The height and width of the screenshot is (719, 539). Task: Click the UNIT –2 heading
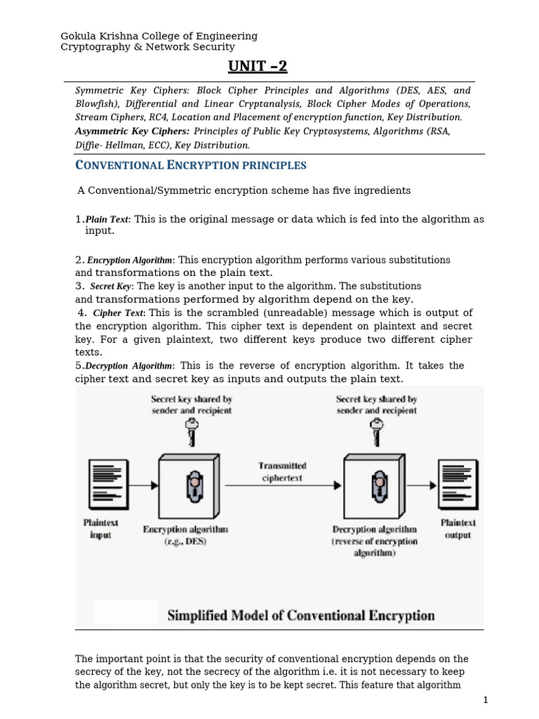(x=258, y=67)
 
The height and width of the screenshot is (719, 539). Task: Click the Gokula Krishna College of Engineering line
(x=159, y=36)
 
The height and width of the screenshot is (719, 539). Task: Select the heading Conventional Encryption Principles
(x=190, y=166)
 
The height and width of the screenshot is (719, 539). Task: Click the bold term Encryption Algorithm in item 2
(x=130, y=260)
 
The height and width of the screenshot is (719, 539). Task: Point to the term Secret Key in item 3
(x=111, y=286)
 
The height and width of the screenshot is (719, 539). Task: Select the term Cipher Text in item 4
(x=119, y=313)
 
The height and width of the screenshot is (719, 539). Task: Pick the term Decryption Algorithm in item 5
(x=128, y=366)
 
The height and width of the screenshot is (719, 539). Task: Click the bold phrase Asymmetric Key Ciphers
(x=132, y=131)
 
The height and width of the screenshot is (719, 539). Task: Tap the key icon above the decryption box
(x=376, y=431)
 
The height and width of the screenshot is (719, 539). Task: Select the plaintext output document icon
(x=458, y=485)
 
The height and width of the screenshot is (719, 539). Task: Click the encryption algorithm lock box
(x=189, y=484)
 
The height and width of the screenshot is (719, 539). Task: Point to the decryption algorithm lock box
(x=374, y=484)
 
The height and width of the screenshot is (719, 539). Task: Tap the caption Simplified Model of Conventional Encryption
(x=300, y=616)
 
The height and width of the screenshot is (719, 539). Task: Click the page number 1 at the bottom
(x=484, y=701)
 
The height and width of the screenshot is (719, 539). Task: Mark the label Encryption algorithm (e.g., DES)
(x=185, y=535)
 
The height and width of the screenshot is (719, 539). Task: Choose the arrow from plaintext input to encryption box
(x=144, y=484)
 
